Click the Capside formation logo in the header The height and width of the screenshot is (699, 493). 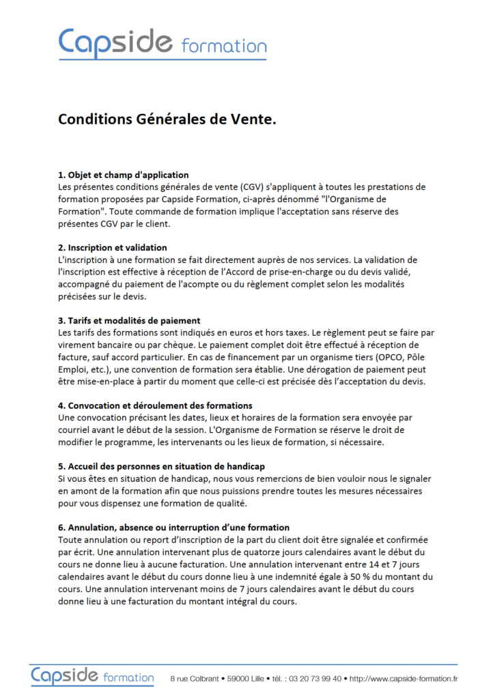click(162, 42)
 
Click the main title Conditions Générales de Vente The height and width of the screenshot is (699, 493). click(167, 119)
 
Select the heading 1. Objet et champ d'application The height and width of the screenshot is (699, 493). click(124, 175)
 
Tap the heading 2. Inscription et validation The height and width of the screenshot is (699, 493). click(113, 247)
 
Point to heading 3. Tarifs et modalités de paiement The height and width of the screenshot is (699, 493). click(129, 320)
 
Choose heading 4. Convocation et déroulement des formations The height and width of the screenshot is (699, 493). click(155, 405)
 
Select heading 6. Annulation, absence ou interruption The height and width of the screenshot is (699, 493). click(173, 527)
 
